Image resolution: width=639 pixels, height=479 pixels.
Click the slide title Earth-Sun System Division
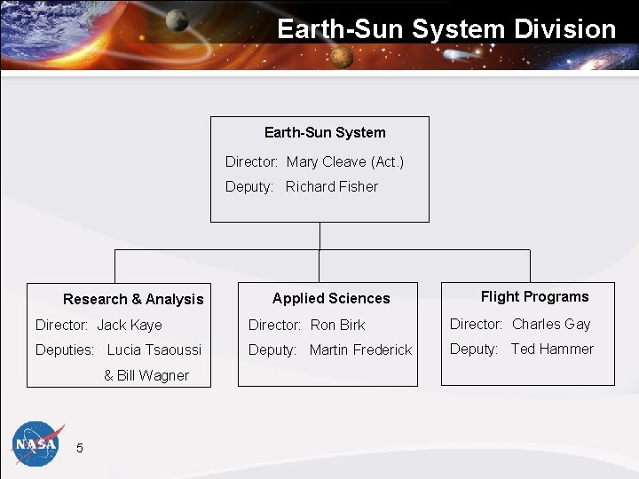(446, 28)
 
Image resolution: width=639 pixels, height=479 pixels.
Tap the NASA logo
(35, 442)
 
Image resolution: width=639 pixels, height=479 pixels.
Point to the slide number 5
(80, 448)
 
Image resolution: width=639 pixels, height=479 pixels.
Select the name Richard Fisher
(331, 186)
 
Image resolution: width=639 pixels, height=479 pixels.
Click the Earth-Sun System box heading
(325, 133)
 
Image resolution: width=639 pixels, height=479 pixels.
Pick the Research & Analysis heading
(133, 299)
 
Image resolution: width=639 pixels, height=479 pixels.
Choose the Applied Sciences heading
(331, 298)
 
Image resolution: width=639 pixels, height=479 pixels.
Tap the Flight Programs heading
(534, 296)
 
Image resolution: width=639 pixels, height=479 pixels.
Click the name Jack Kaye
(130, 325)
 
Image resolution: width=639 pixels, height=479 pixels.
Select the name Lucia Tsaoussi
(154, 349)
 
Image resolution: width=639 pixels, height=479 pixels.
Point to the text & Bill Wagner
(146, 375)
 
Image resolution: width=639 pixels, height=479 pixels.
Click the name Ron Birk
(337, 325)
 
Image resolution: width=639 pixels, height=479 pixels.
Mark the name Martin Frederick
(360, 349)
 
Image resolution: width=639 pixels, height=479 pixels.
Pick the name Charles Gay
(550, 324)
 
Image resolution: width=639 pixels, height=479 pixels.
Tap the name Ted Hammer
(551, 349)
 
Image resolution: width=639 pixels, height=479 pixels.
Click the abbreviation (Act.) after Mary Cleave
(387, 161)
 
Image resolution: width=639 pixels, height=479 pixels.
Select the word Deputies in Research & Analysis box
(65, 349)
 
